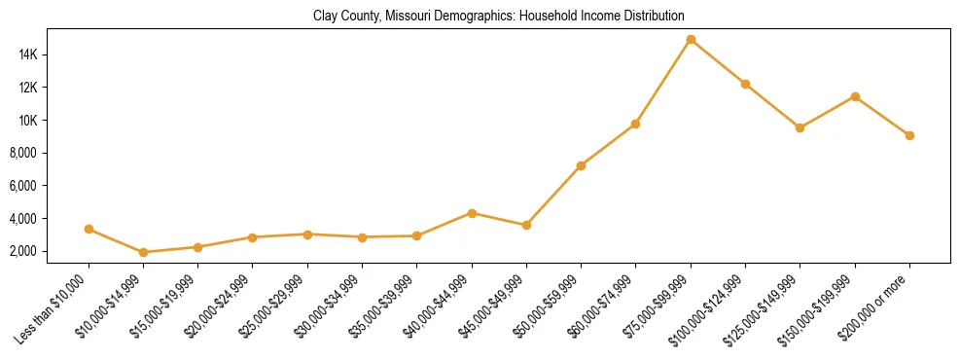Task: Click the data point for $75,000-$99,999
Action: coord(691,40)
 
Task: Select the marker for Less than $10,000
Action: coord(89,230)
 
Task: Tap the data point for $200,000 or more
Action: coord(909,135)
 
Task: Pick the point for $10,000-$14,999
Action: coord(143,252)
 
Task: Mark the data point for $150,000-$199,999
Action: coord(855,96)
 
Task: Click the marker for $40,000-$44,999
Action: coord(472,213)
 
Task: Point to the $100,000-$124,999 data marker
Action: coord(745,84)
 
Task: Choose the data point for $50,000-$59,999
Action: coord(581,165)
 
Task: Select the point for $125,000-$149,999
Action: coord(800,127)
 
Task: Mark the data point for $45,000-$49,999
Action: coord(526,225)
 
